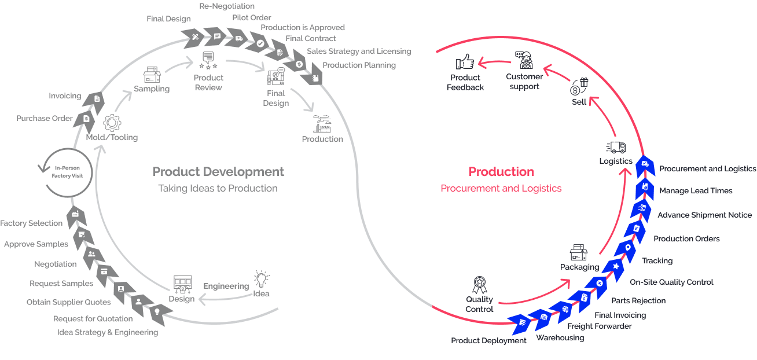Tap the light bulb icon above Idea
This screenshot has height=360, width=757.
(x=262, y=278)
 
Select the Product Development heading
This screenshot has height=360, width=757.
(x=218, y=172)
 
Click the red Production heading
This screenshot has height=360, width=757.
(x=501, y=172)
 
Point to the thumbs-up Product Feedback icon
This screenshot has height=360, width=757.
(x=465, y=62)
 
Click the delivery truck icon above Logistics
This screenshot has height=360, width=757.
(x=616, y=148)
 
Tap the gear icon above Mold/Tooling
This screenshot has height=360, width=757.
(x=112, y=123)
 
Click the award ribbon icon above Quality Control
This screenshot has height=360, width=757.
(x=479, y=284)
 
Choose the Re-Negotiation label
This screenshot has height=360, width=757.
(x=226, y=6)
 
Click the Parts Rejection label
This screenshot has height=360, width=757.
(x=638, y=300)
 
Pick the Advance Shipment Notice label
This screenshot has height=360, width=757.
(x=704, y=215)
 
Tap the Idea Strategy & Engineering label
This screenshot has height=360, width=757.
(x=108, y=332)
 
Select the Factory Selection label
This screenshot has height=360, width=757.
(x=31, y=223)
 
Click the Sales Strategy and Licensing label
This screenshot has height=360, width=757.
(x=359, y=52)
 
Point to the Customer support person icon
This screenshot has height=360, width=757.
(x=525, y=60)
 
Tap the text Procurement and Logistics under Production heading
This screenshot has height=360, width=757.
(x=501, y=188)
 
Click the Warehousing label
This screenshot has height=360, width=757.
(x=560, y=337)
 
